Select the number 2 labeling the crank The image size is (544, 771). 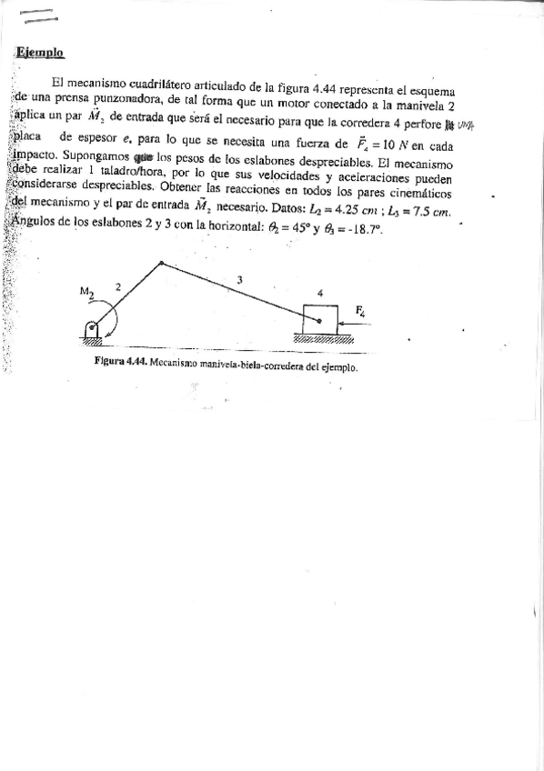(117, 285)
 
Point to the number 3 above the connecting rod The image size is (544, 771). (238, 280)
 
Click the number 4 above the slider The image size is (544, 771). (319, 293)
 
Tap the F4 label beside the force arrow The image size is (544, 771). (361, 311)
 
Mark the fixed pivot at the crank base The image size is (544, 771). (91, 328)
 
